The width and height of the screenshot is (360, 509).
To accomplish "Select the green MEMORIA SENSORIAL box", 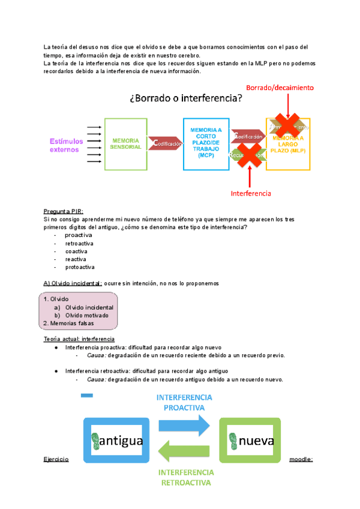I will (126, 143).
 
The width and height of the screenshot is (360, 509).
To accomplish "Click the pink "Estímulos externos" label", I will (64, 145).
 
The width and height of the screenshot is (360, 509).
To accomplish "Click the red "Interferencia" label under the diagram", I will (251, 193).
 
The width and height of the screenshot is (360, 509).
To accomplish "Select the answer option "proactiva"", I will (79, 235).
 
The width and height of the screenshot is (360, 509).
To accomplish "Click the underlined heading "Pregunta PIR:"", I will (64, 211).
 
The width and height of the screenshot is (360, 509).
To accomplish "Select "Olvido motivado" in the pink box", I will (87, 315).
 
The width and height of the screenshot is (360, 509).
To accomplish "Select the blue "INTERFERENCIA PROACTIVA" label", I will (184, 403).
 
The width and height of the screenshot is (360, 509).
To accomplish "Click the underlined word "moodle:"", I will (301, 459).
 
